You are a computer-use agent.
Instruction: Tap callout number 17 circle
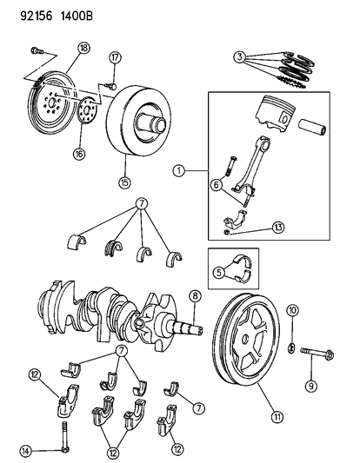[x=113, y=58]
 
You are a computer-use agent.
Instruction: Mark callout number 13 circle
[x=255, y=227]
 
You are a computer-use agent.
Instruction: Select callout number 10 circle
[x=292, y=310]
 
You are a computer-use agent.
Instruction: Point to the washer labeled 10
[x=293, y=350]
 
